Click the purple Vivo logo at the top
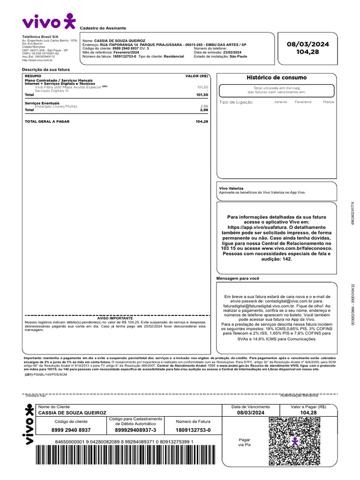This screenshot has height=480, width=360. click(48, 21)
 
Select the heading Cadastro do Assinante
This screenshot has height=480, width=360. click(103, 28)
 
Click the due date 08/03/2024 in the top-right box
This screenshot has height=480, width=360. click(308, 44)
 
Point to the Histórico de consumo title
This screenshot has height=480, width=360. click(277, 77)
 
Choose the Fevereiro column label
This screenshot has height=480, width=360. click(303, 102)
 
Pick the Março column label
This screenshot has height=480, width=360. click(328, 102)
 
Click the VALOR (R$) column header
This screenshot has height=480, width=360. click(196, 75)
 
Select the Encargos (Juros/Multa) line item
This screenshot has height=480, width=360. click(56, 106)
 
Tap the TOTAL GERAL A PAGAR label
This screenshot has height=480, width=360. click(47, 121)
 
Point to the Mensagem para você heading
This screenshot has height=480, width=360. click(238, 278)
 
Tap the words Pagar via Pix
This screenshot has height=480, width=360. click(245, 442)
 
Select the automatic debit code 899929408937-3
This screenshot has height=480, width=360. click(135, 430)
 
